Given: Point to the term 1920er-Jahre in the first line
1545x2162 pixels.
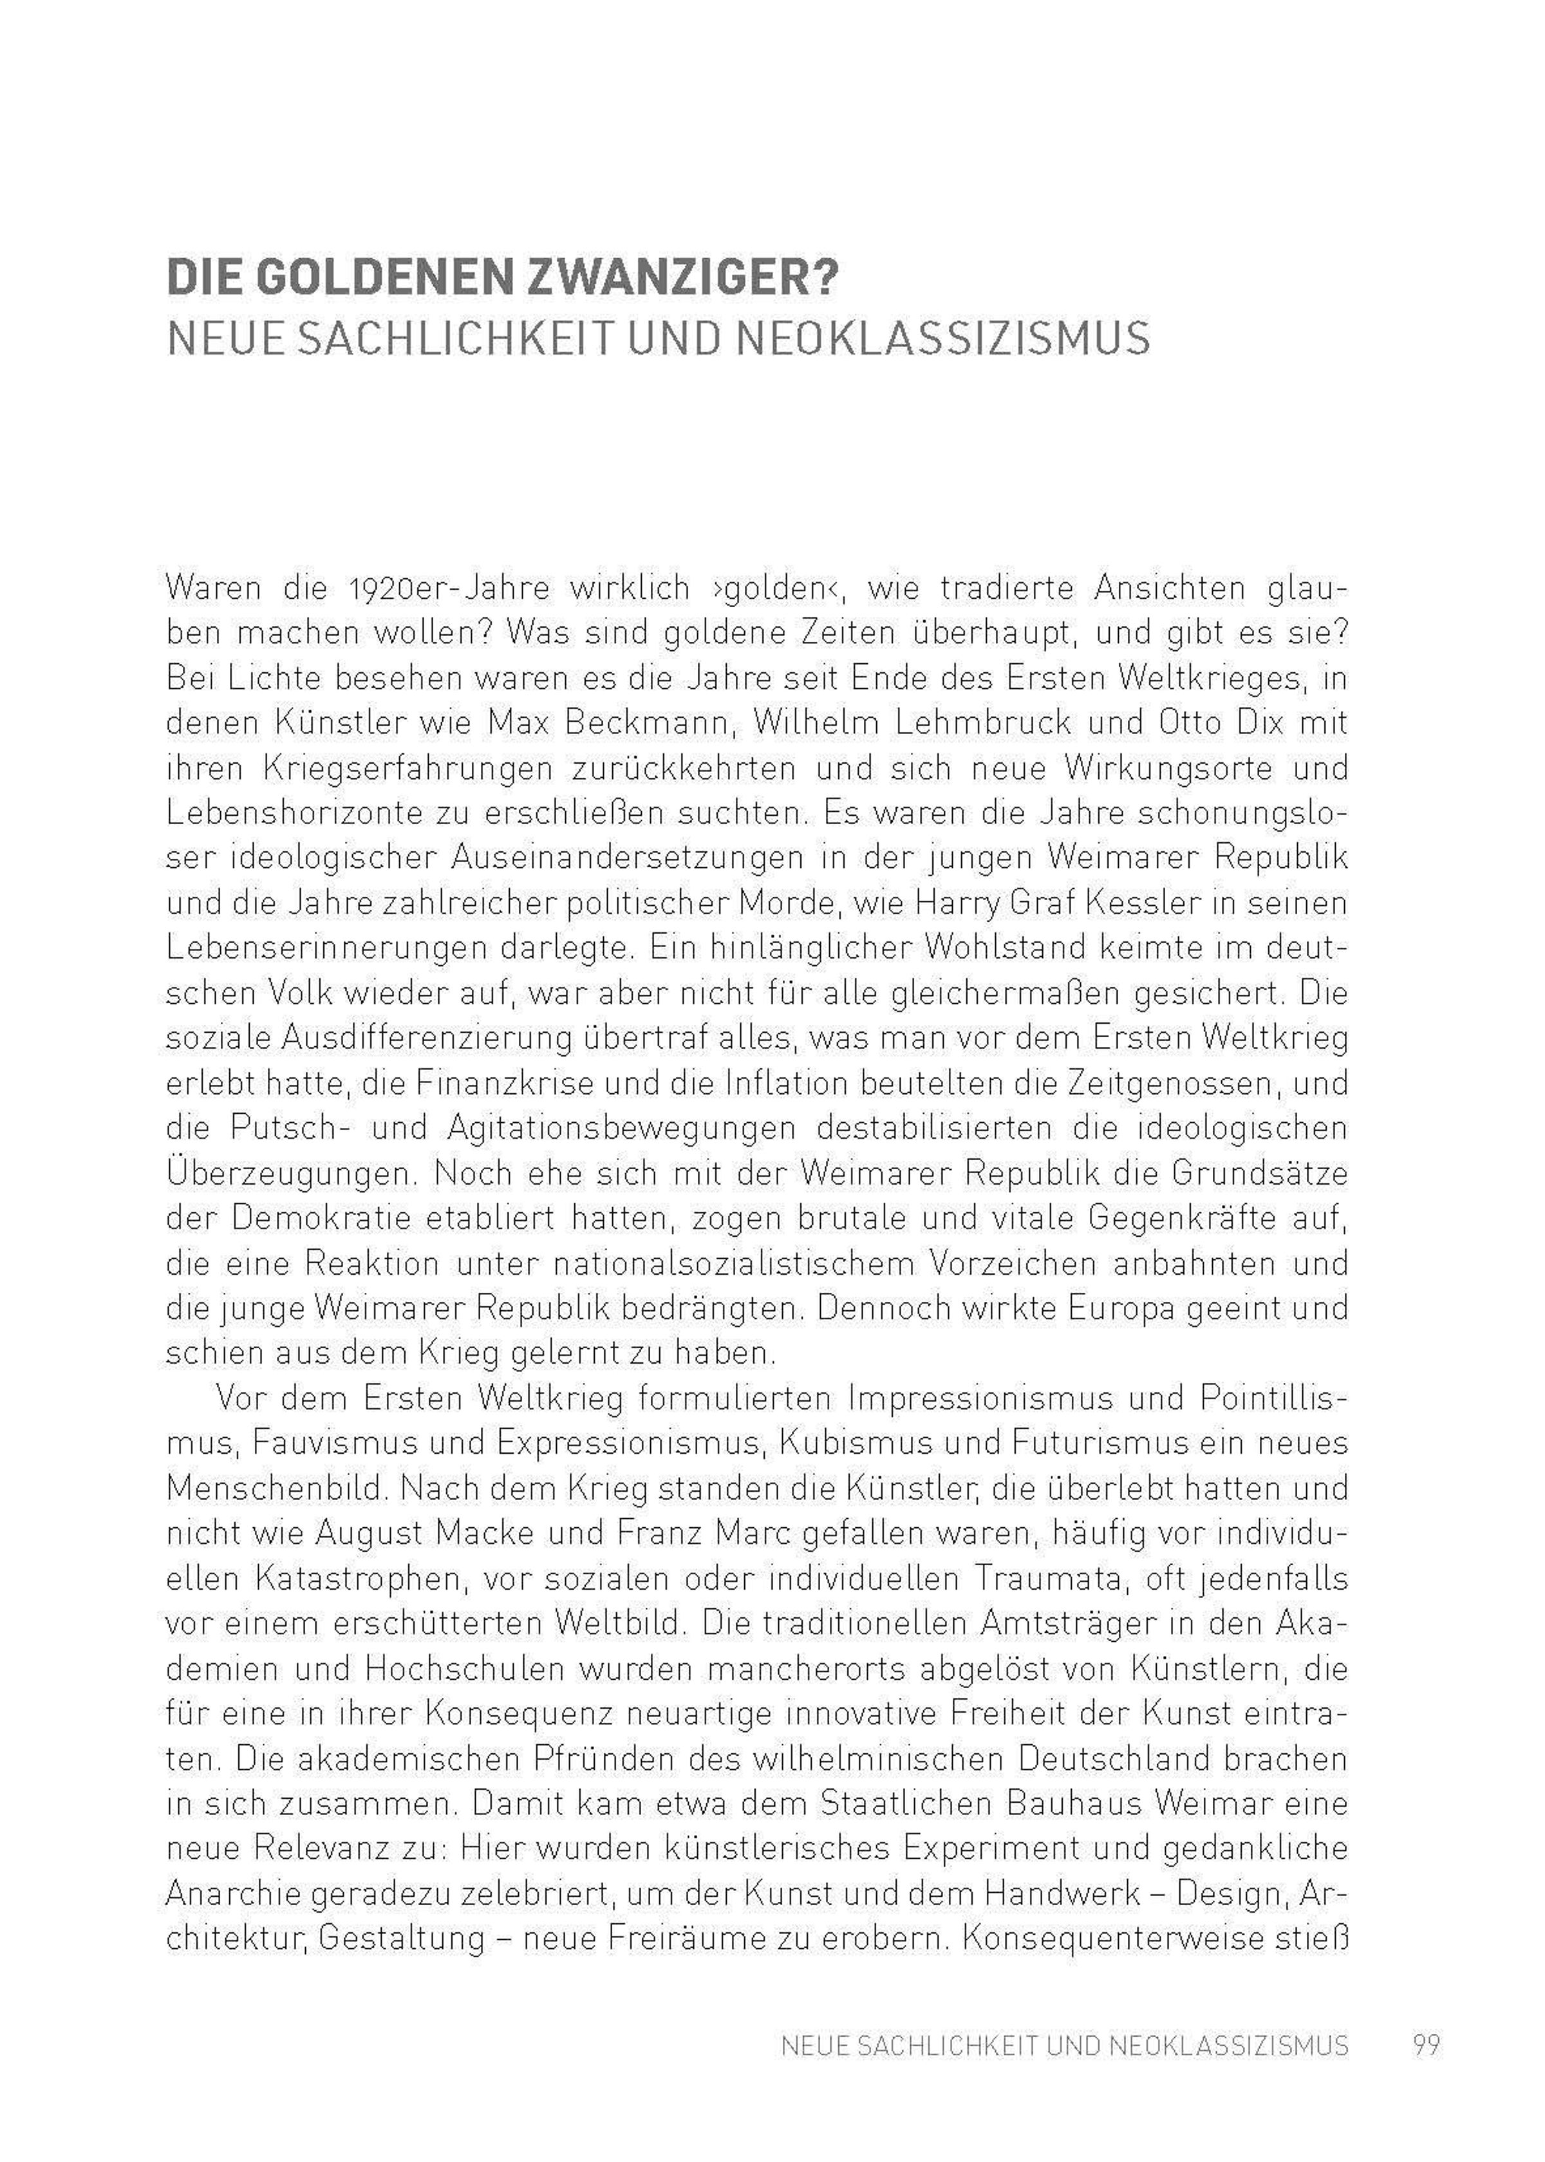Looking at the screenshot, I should coord(448,588).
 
